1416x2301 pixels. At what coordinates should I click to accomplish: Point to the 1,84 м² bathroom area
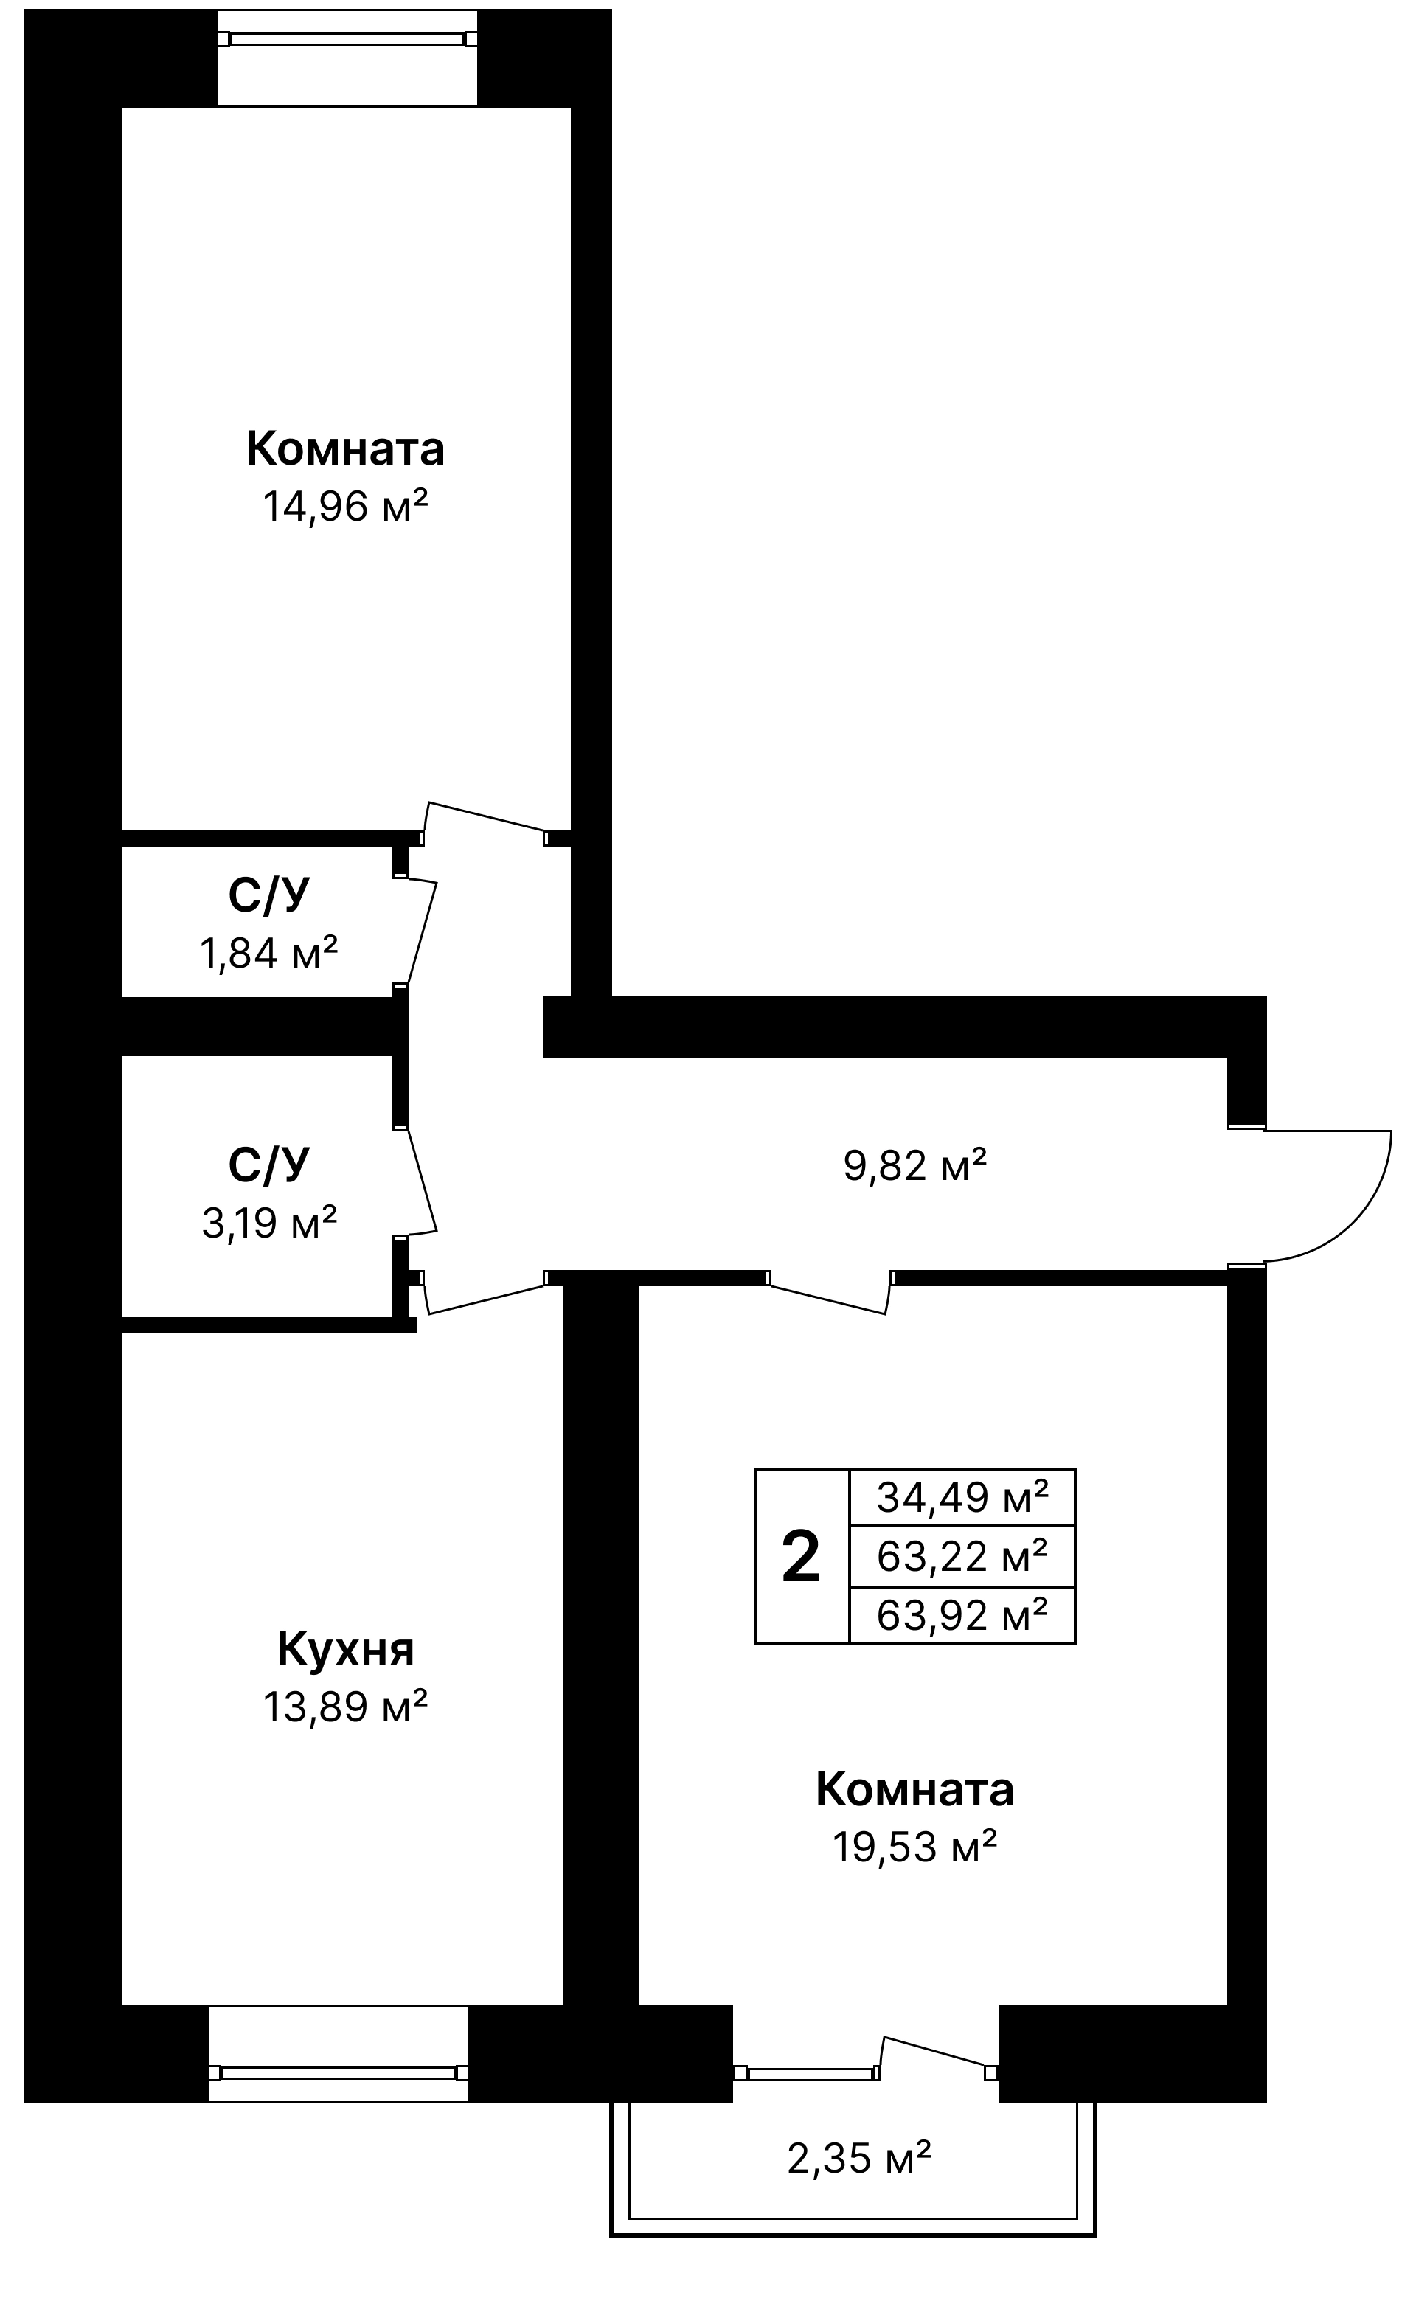point(268,954)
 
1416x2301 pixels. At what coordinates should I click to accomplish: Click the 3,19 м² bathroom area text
point(268,1222)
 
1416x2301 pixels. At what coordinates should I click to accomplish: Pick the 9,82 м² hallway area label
point(915,1165)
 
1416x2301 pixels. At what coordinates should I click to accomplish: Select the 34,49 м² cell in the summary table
point(962,1496)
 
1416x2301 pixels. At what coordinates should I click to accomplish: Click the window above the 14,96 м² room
point(347,39)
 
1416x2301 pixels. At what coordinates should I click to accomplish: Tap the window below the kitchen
point(338,2072)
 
